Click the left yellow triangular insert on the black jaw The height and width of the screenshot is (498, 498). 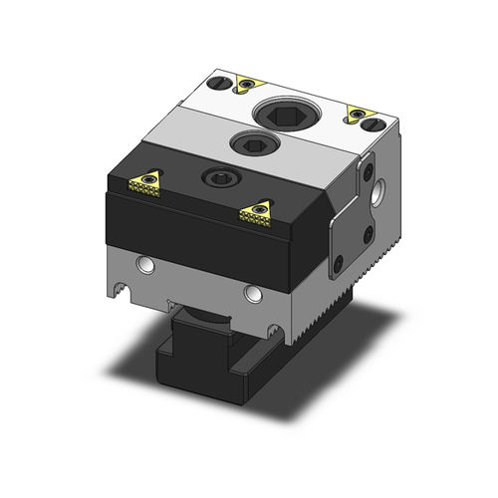(144, 181)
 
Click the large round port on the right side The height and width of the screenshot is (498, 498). (380, 195)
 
